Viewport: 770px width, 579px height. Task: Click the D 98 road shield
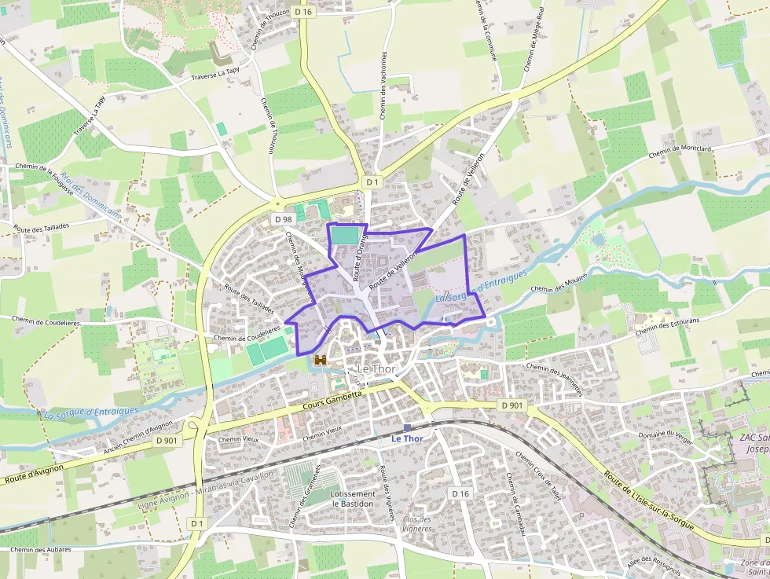pyautogui.click(x=283, y=218)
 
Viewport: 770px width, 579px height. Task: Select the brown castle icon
pyautogui.click(x=321, y=360)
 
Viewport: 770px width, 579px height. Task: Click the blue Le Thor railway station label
pyautogui.click(x=407, y=438)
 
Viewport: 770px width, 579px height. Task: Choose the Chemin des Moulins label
pyautogui.click(x=559, y=284)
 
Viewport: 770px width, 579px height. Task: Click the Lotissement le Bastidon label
pyautogui.click(x=353, y=499)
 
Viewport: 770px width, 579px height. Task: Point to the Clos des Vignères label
pyautogui.click(x=417, y=523)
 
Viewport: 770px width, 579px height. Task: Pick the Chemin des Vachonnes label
pyautogui.click(x=383, y=85)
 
